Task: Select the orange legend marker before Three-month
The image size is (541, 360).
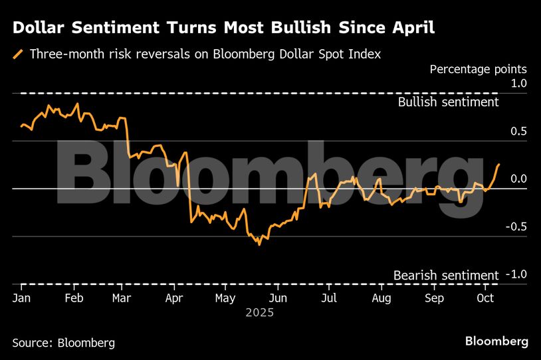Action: [x=18, y=54]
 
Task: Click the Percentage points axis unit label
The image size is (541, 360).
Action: [x=478, y=69]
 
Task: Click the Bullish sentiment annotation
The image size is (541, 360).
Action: [x=448, y=102]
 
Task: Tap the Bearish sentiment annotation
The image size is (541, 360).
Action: [x=445, y=275]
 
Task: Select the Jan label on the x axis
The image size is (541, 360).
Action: [x=21, y=298]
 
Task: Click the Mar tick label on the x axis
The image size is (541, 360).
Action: [x=121, y=298]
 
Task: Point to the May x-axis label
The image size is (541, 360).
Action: [x=225, y=298]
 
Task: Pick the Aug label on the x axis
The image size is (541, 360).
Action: [x=381, y=298]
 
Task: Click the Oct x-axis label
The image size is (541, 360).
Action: [x=485, y=298]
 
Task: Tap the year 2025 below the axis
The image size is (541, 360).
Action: [x=260, y=312]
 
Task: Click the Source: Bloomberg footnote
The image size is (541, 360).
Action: [x=63, y=343]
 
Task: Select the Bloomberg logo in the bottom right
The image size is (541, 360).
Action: [x=496, y=341]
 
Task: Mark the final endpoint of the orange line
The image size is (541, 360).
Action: [x=499, y=164]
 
